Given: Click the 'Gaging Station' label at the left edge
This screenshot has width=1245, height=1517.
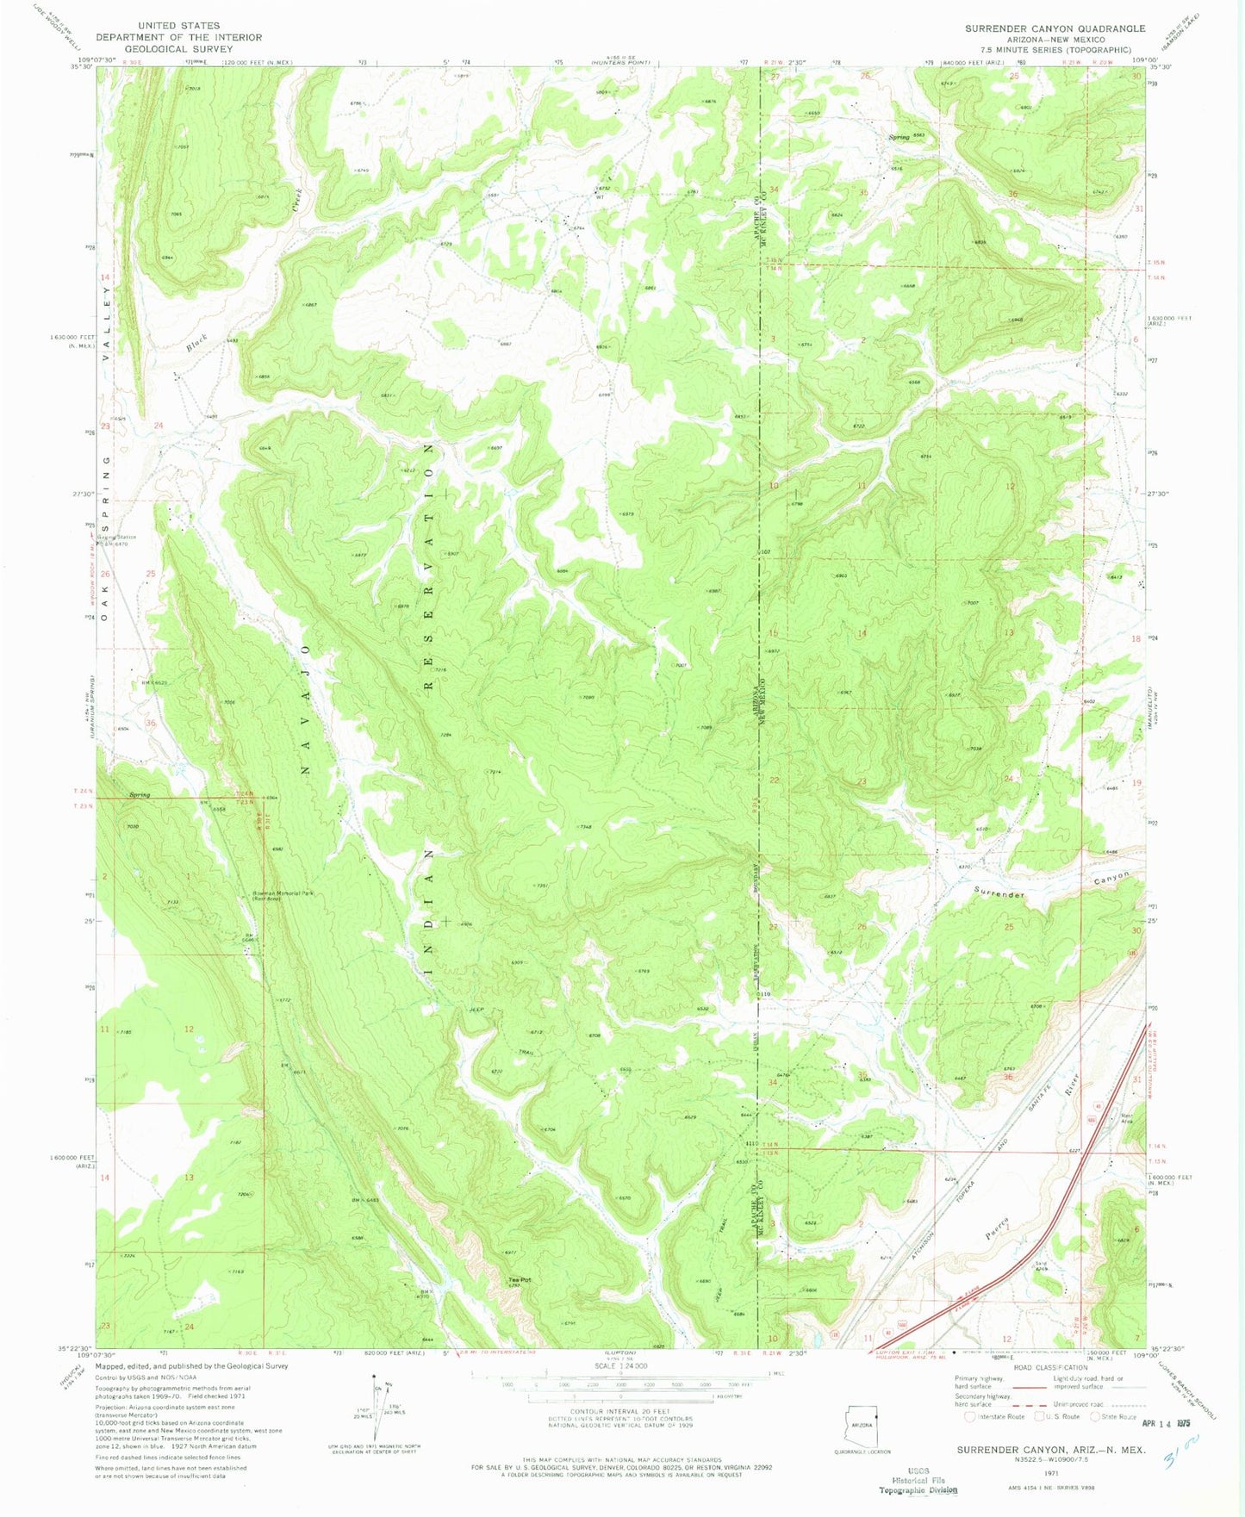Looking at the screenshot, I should pyautogui.click(x=116, y=538).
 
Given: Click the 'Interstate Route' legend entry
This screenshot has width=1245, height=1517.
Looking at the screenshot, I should pyautogui.click(x=999, y=1416).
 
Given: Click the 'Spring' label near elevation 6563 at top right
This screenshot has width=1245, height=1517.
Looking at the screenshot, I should pyautogui.click(x=900, y=137).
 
